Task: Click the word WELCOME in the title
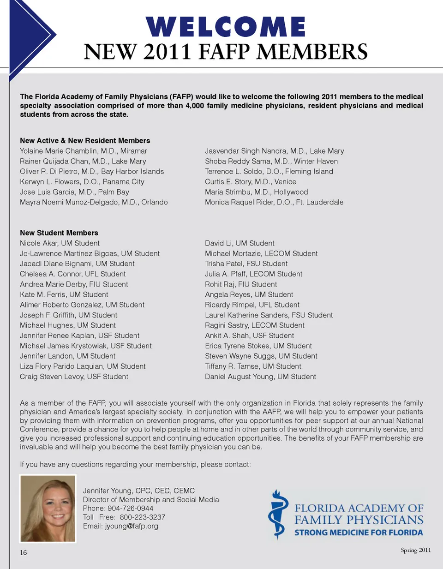(x=226, y=27)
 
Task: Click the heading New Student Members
(x=59, y=233)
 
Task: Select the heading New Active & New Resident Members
(x=85, y=141)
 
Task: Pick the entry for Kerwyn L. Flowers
(x=82, y=182)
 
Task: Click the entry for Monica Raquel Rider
(x=274, y=202)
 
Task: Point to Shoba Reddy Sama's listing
(x=271, y=161)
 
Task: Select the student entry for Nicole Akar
(x=60, y=243)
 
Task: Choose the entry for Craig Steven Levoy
(x=74, y=377)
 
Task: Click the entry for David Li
(x=239, y=243)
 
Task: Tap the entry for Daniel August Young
(x=260, y=377)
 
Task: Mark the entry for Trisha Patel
(x=246, y=264)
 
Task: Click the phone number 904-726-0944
(x=131, y=508)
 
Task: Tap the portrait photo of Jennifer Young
(x=48, y=508)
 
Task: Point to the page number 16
(x=23, y=552)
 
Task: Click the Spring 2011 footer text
(x=415, y=550)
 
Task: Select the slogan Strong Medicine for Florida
(x=359, y=533)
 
